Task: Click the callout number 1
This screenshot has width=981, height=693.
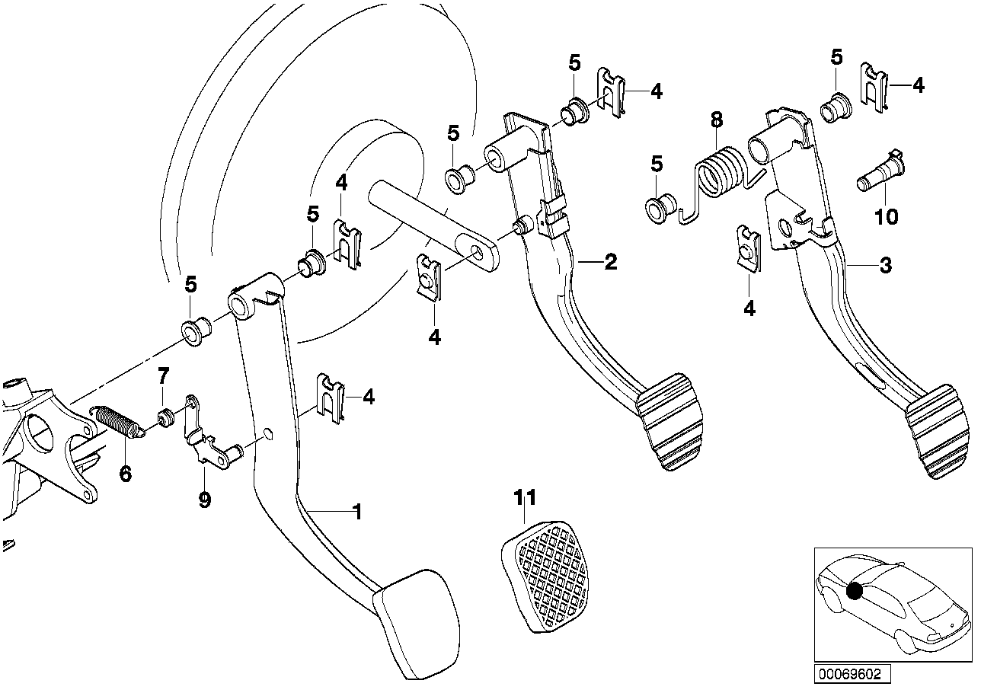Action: (x=358, y=511)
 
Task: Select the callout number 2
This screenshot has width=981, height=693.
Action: (x=610, y=262)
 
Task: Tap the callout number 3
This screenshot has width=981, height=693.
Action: (x=886, y=265)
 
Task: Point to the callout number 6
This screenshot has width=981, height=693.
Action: (x=125, y=473)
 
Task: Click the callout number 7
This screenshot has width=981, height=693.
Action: (x=163, y=376)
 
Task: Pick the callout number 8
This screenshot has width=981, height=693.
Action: (x=717, y=120)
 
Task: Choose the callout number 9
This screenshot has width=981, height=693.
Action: (x=205, y=500)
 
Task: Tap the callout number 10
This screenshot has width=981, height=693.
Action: (x=886, y=217)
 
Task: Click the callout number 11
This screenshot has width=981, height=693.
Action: (x=525, y=497)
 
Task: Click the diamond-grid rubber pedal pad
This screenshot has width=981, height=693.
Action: (x=545, y=576)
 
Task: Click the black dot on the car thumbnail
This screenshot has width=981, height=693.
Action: (x=854, y=592)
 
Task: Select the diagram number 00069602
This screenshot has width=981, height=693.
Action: (x=852, y=673)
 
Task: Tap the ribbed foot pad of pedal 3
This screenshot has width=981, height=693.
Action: (x=939, y=431)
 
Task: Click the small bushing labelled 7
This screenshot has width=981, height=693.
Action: (x=166, y=417)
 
